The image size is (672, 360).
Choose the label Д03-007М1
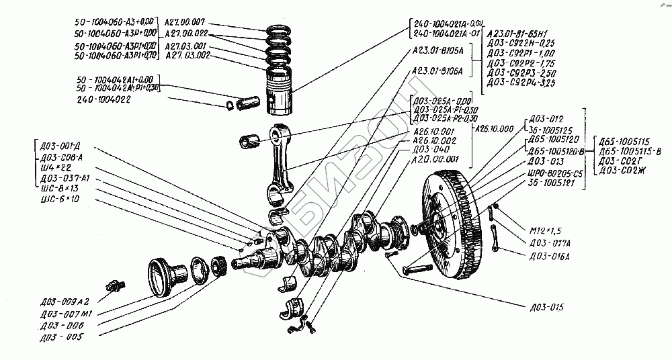[65, 314]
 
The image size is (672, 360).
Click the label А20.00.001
[435, 160]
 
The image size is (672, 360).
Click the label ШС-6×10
[59, 199]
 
